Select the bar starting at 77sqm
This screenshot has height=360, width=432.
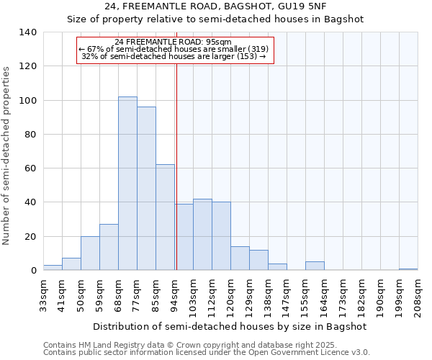pyautogui.click(x=146, y=189)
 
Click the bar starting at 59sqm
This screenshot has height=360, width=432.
pyautogui.click(x=109, y=248)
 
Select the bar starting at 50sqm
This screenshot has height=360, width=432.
pyautogui.click(x=90, y=253)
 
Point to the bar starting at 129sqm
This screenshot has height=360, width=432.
pyautogui.click(x=258, y=261)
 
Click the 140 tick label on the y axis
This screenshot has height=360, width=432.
pyautogui.click(x=27, y=32)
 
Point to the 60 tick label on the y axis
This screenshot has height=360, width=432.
pyautogui.click(x=30, y=168)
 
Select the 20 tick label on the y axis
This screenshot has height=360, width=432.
pyautogui.click(x=30, y=237)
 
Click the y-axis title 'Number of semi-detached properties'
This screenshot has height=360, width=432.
pyautogui.click(x=6, y=155)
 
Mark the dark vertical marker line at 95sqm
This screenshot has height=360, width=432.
pyautogui.click(x=176, y=173)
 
